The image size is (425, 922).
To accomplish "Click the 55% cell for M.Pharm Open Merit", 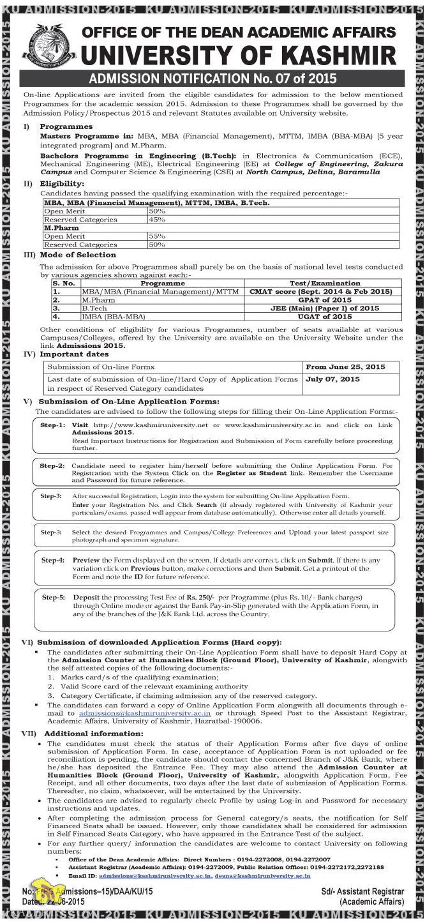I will [157, 236].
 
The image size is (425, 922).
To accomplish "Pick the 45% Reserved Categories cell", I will [157, 219].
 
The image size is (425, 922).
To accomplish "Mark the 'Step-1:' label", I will [53, 425].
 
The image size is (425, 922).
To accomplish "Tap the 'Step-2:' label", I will [52, 466].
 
